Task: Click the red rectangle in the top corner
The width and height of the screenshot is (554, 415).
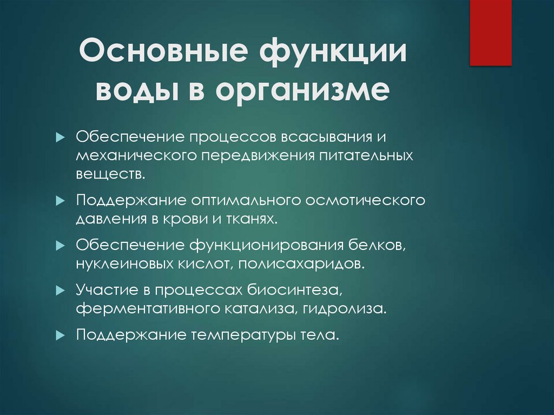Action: point(490,32)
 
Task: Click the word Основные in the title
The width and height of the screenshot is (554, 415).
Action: point(166,56)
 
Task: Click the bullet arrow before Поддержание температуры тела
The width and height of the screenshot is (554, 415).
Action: point(60,335)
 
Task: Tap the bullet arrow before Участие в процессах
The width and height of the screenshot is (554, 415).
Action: point(60,291)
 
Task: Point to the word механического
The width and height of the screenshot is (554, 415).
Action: point(136,156)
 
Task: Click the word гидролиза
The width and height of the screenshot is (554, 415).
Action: point(354,309)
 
